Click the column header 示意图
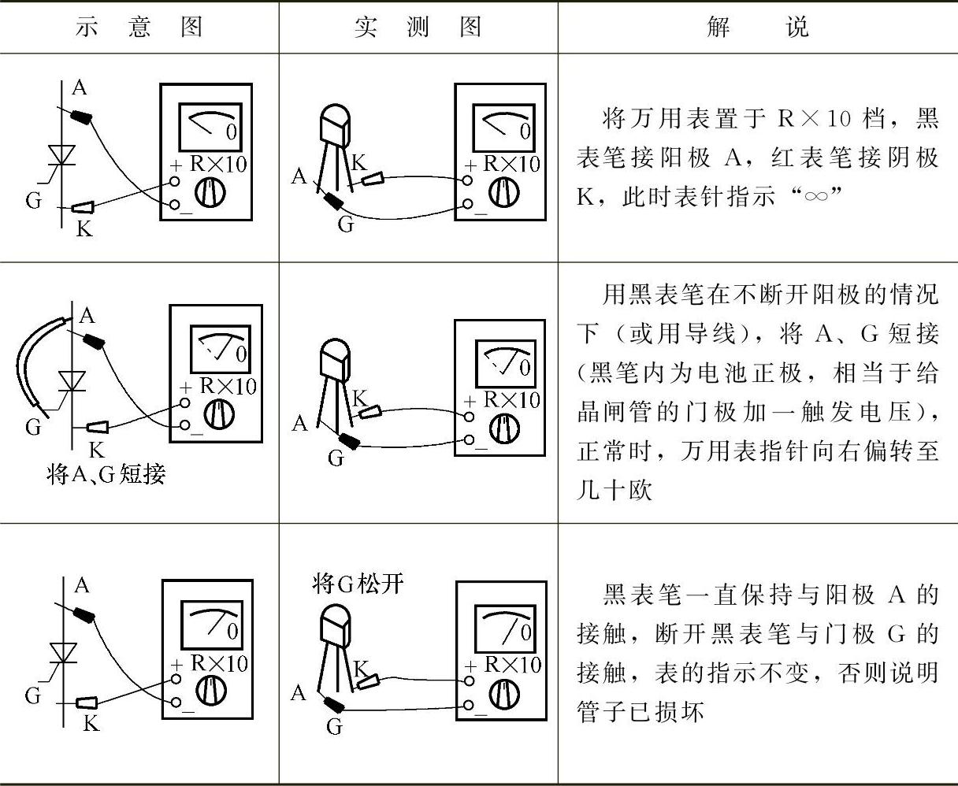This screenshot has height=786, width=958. (x=139, y=28)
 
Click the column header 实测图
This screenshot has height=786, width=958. (x=418, y=28)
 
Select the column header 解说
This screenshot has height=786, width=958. (x=757, y=28)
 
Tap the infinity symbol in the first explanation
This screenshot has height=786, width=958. (x=815, y=196)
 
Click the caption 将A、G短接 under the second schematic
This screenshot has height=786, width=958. (x=106, y=475)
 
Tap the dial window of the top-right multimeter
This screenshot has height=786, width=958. (x=503, y=126)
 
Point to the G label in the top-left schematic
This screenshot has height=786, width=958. (x=33, y=200)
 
